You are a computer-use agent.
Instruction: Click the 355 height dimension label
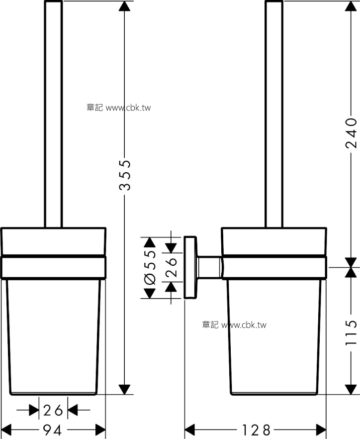point(125,176)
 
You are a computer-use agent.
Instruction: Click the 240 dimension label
point(352,133)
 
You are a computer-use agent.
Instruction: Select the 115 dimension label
point(352,332)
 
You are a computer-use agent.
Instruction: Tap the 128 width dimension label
point(256,430)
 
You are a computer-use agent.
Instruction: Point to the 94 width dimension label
point(53,430)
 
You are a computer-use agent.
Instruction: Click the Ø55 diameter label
point(150,267)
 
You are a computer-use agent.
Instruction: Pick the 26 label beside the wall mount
point(171,267)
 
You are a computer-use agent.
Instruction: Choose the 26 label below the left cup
point(53,411)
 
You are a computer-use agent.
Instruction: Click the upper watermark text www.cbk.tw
point(128,108)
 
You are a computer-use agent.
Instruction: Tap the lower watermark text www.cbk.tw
point(244,325)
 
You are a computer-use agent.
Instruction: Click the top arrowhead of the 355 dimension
point(124,6)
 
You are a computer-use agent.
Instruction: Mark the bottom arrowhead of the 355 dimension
point(124,389)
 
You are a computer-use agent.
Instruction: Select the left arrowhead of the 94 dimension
point(6,430)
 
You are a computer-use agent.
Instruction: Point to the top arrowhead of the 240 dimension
point(351,6)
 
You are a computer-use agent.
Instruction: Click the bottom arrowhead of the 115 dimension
point(351,389)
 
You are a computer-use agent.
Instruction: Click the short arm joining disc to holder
point(210,268)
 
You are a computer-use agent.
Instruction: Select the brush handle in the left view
point(53,113)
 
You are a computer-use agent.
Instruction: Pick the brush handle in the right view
point(274,113)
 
